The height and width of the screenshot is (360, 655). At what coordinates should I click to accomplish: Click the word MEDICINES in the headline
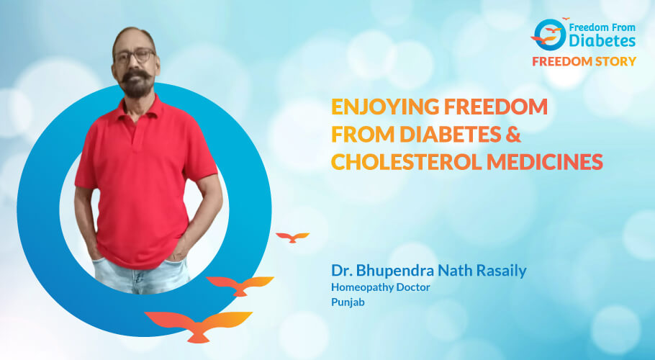pos(545,161)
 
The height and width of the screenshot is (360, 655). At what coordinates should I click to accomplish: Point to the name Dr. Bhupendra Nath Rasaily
pos(428,271)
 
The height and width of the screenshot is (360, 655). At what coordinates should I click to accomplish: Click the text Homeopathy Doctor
pos(381,287)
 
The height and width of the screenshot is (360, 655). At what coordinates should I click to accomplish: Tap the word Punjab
pos(348,302)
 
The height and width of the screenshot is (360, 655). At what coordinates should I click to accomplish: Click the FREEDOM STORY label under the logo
pos(584,61)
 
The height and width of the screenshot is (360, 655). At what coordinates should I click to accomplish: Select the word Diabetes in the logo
pos(602,40)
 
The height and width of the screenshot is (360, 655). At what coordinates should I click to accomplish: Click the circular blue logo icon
pos(550,35)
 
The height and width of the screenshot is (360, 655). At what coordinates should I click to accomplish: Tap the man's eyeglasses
pos(135,55)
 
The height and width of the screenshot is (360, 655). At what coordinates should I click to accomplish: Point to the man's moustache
pos(137,75)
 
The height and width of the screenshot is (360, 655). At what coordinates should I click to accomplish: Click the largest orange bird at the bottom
pos(199,325)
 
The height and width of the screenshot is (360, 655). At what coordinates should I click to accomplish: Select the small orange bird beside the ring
pos(292,237)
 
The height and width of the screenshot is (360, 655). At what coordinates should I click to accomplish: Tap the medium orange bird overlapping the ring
pos(240,285)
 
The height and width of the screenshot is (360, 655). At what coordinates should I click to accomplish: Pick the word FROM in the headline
pos(363,134)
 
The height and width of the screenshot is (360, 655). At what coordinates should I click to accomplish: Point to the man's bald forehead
pos(134,39)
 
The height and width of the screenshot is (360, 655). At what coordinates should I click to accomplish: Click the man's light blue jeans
pos(141,274)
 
